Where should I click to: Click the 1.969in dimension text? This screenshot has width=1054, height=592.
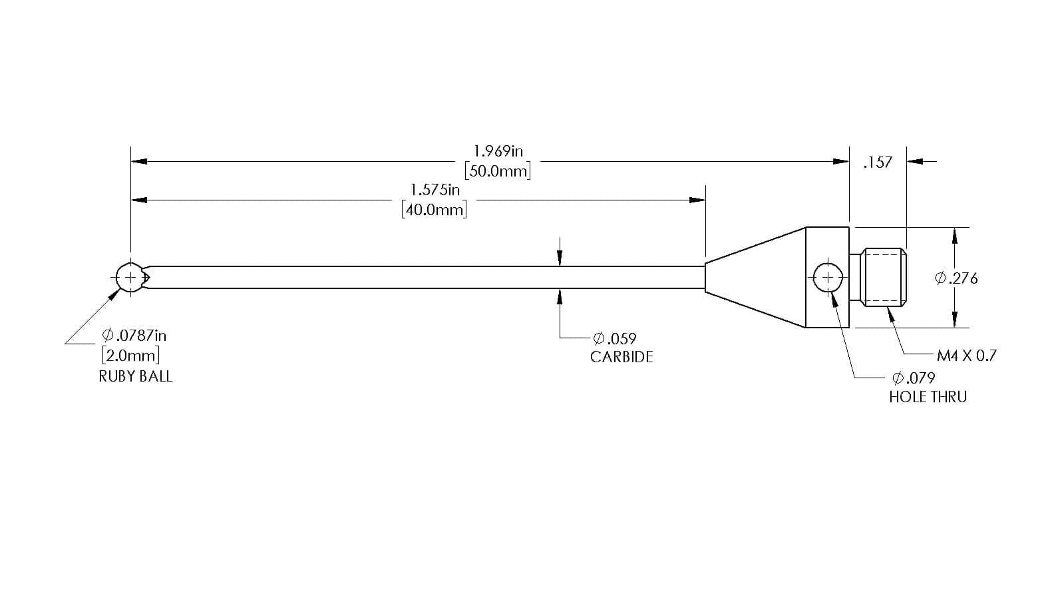[498, 151]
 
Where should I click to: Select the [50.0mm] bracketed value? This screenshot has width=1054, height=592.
[498, 170]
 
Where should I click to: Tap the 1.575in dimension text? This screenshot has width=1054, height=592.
[435, 190]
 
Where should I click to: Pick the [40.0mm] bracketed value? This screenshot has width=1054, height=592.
[435, 210]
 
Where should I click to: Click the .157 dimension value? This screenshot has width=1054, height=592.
[878, 162]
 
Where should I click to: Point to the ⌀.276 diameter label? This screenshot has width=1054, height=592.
[956, 278]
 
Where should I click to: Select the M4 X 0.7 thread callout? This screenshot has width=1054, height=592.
[966, 356]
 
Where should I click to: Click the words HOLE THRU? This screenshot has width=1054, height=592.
[928, 397]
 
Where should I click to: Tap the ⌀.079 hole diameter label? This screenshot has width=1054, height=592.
[914, 378]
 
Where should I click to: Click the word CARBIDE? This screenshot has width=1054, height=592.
[621, 357]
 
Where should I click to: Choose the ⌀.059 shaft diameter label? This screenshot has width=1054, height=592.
[615, 338]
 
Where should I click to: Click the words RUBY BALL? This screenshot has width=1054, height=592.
[136, 376]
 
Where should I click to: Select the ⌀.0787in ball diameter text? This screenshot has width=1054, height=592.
[134, 336]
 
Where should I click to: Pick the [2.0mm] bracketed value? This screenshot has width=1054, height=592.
[131, 355]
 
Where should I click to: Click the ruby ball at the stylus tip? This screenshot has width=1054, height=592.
[130, 278]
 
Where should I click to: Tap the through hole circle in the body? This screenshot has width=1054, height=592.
[828, 278]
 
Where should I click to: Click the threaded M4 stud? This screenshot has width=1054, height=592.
[878, 278]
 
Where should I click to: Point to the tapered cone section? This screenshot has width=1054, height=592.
[755, 278]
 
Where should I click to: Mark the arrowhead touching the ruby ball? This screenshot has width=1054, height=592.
[114, 295]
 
